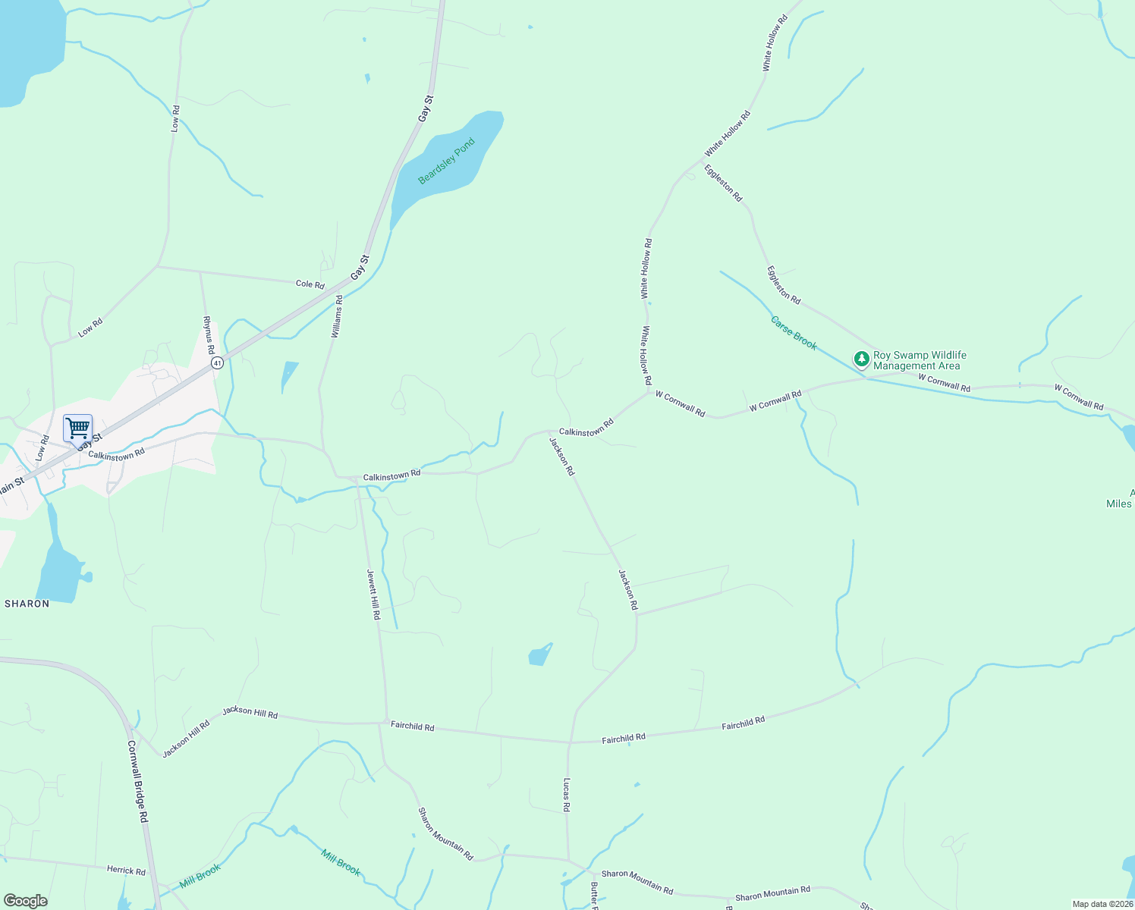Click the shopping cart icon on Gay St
[x=77, y=428]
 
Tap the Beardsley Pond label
[x=446, y=160]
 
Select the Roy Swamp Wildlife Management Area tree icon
[x=861, y=359]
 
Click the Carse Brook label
[x=794, y=333]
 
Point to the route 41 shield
[x=217, y=363]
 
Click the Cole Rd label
[x=310, y=284]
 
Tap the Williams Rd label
[x=338, y=316]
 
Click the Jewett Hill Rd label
[x=373, y=595]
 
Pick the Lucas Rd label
[x=566, y=795]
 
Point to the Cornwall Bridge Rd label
[x=137, y=782]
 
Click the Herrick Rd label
[x=126, y=871]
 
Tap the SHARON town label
[x=27, y=604]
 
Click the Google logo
[x=25, y=901]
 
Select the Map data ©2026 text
[x=1102, y=904]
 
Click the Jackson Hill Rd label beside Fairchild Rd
[x=250, y=713]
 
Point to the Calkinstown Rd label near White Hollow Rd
[x=586, y=428]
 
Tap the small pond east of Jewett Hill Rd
[x=539, y=654]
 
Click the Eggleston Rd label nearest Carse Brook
[x=783, y=285]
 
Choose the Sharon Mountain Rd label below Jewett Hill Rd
[x=446, y=833]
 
